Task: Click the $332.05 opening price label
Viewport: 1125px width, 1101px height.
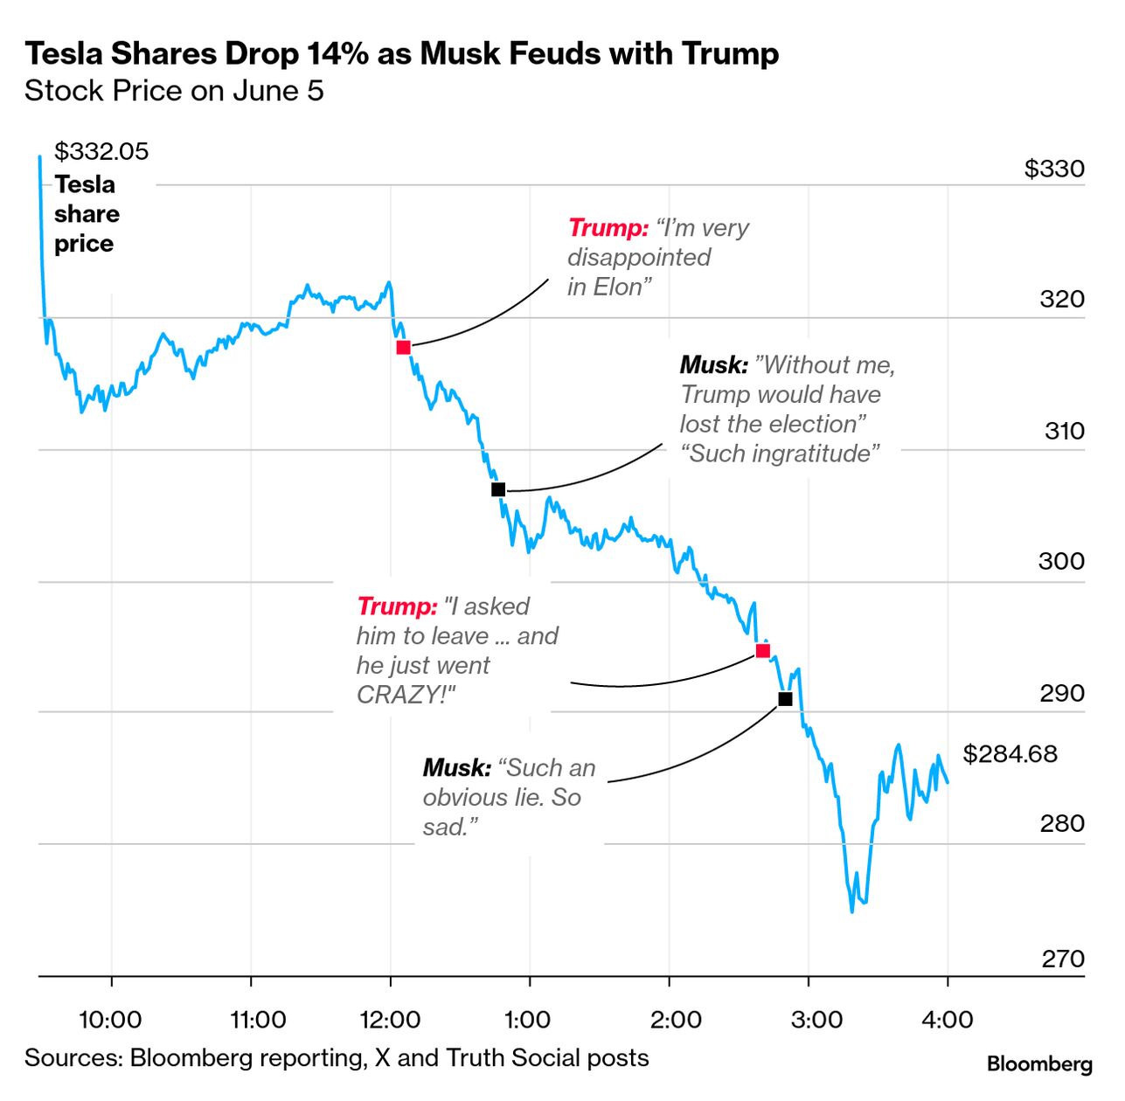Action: (101, 151)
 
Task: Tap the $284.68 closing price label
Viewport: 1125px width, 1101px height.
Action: (1010, 753)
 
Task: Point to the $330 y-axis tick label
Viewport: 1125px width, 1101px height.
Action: (1054, 168)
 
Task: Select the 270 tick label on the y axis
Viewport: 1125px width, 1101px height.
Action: (1062, 959)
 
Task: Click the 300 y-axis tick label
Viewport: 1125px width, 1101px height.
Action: (1061, 561)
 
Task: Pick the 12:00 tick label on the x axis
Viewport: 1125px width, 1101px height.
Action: (390, 1019)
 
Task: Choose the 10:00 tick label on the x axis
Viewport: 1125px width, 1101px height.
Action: (111, 1019)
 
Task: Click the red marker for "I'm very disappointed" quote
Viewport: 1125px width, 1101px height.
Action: (403, 348)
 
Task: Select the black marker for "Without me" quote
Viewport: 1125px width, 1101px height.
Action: (498, 490)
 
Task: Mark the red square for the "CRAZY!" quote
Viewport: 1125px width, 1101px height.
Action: (762, 651)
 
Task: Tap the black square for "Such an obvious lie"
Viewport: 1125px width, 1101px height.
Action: (785, 699)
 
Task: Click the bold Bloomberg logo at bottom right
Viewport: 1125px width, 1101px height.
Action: (1039, 1063)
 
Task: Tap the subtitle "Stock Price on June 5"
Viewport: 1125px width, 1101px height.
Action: (174, 91)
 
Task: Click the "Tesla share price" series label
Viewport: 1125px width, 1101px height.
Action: (86, 214)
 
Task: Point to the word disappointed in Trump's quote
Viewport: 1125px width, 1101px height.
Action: (639, 257)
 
